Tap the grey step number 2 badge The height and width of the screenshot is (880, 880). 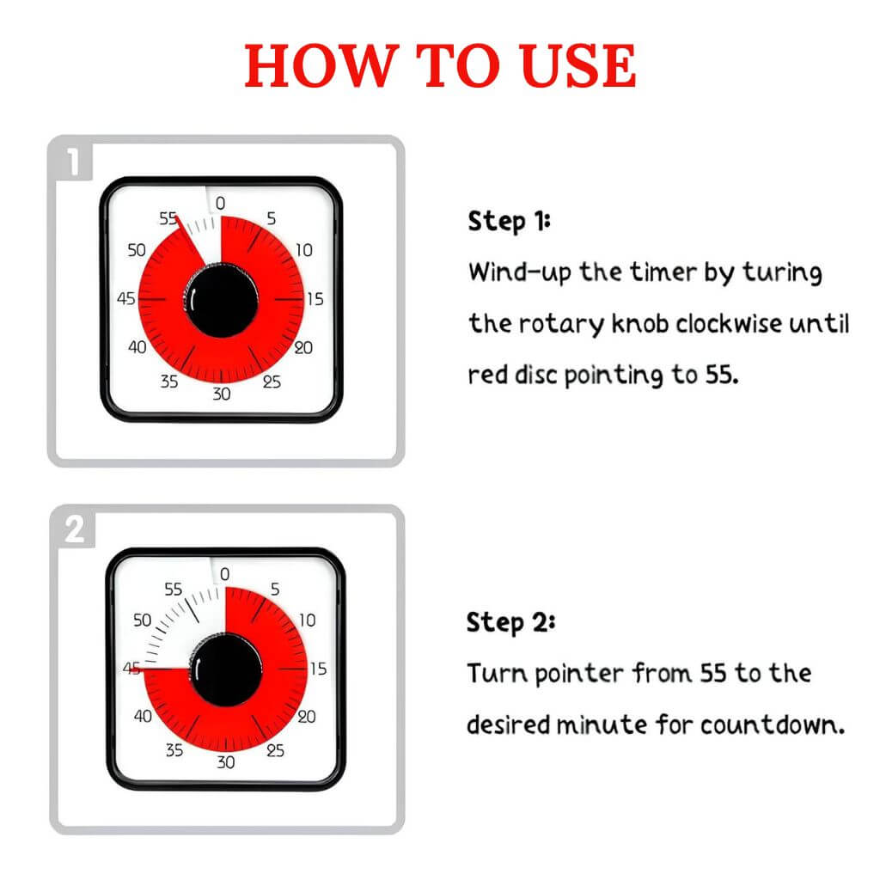[x=76, y=529]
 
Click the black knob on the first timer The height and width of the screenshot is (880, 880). [x=222, y=301]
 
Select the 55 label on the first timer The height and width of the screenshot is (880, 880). [x=168, y=219]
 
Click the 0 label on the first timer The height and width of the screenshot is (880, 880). [x=220, y=204]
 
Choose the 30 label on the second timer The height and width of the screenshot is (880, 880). [x=225, y=763]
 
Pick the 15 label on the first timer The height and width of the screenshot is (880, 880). [x=315, y=300]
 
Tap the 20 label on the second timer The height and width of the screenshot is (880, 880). [x=306, y=717]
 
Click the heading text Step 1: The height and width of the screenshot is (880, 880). [x=509, y=222]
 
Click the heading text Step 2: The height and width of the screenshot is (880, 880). [x=510, y=621]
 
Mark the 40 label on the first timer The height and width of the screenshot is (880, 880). [x=137, y=347]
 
